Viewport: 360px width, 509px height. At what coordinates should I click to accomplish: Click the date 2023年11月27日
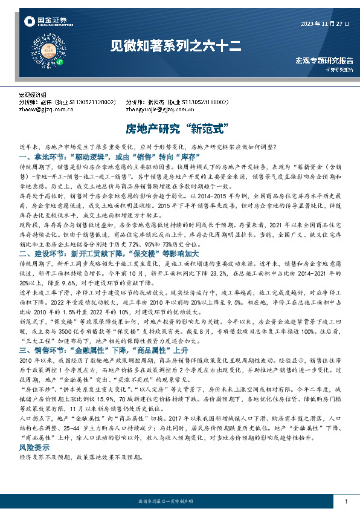324,24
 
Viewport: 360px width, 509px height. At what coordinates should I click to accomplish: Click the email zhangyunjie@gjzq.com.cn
158,110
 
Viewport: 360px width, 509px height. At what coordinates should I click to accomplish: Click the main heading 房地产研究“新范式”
179,129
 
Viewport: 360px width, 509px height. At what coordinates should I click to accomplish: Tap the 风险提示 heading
35,447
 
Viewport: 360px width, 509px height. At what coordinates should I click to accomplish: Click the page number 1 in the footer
345,502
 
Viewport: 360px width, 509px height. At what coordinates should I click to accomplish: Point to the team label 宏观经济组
32,96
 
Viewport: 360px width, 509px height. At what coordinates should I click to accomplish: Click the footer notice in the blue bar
180,502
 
